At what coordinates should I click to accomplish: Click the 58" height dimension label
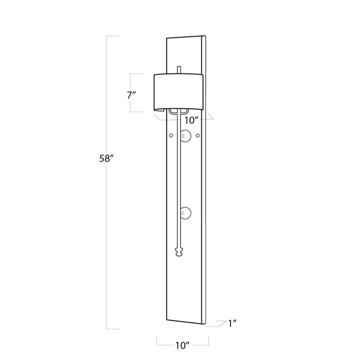[106, 158]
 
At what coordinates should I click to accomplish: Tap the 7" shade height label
[132, 95]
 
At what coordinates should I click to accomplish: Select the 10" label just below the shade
[191, 120]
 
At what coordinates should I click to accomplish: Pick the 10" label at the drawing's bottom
[182, 345]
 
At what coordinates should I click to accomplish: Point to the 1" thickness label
[232, 323]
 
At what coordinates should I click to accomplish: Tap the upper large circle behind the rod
[185, 135]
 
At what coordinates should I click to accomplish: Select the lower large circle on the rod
[185, 213]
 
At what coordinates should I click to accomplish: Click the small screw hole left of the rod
[171, 135]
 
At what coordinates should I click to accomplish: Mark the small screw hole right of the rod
[197, 135]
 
